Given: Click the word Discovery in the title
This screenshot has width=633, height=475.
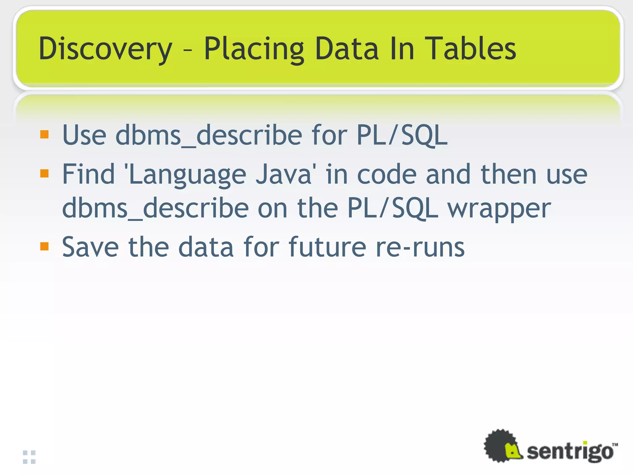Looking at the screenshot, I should coord(105,49).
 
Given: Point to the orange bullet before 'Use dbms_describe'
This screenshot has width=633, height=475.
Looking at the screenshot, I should coord(45,134).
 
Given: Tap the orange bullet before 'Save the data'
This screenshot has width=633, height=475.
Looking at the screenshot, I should coord(45,246).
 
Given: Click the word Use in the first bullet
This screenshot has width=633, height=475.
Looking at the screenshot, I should coord(84,135).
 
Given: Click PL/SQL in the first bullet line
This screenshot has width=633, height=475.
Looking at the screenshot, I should coord(402,135).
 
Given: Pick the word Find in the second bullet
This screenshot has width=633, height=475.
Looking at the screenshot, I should coord(88,174).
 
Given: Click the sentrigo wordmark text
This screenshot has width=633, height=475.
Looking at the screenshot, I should coord(570,451).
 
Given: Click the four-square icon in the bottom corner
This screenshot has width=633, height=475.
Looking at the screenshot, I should coord(29,457).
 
